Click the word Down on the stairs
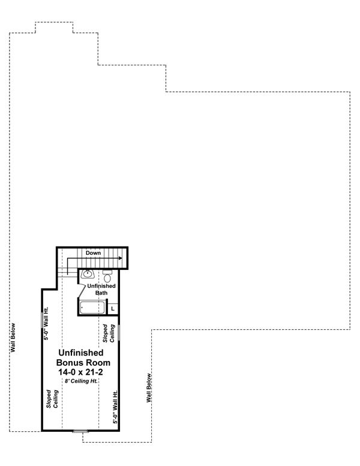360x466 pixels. coord(93,254)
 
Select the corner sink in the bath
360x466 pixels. coord(88,275)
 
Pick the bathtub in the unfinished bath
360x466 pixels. coord(93,308)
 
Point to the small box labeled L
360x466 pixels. coord(113,308)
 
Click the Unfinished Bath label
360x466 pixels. coord(97,289)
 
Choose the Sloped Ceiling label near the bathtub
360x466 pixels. coord(108,333)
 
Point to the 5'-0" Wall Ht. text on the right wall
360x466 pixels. coord(115,407)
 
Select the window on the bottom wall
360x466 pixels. coord(79,431)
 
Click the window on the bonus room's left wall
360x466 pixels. coord(41,318)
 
